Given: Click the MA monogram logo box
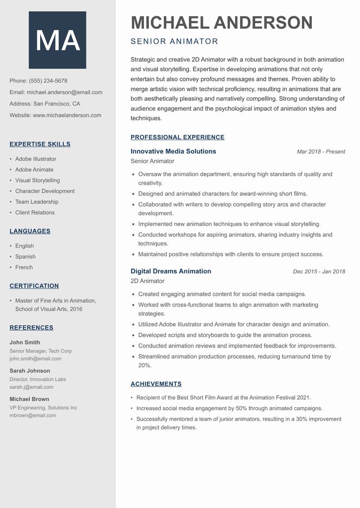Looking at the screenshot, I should [58, 40].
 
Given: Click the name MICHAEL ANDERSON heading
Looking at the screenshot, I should [221, 22].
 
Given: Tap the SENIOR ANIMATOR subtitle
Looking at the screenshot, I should [174, 41].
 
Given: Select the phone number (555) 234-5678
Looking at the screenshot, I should [48, 81].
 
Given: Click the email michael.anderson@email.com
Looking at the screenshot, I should [64, 92].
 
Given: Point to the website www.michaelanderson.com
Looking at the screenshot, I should [67, 115].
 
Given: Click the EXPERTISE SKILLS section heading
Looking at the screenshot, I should [40, 144].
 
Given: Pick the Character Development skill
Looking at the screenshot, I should [45, 191].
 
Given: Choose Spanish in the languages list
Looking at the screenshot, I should [25, 257].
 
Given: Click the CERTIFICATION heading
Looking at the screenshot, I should [34, 286].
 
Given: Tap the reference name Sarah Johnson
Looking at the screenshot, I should [30, 371].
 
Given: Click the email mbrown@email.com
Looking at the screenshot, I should [33, 415].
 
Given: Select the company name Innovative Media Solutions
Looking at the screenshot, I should [173, 152].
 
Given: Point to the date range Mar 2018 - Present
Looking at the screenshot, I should [321, 152].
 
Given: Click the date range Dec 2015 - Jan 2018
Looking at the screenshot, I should [319, 272].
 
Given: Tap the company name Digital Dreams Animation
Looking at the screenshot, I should [171, 272].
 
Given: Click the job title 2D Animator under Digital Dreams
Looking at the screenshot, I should [147, 281].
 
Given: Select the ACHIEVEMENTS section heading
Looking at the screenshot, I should [156, 384].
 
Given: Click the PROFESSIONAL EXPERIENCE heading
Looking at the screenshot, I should [177, 138].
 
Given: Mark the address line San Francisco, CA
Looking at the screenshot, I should [56, 104].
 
